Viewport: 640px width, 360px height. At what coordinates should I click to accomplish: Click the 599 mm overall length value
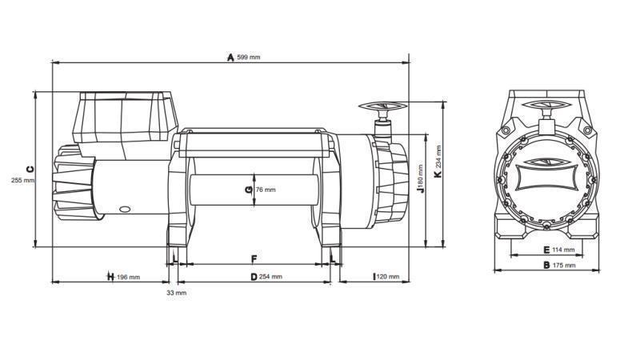pos(249,58)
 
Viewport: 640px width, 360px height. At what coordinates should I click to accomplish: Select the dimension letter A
pos(230,58)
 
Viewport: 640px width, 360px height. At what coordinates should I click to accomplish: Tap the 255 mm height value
pos(23,180)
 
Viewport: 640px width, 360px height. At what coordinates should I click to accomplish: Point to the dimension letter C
pos(30,169)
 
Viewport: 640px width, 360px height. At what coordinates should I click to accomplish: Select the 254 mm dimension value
pos(271,278)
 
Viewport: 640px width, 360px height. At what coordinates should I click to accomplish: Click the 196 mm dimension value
pos(129,278)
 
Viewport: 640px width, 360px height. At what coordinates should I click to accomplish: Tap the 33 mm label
pos(176,293)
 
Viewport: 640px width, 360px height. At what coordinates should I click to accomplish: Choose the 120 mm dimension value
pos(388,278)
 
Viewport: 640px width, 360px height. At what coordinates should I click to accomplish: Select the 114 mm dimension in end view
pos(564,250)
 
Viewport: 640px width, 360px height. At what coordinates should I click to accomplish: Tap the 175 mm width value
pos(564,265)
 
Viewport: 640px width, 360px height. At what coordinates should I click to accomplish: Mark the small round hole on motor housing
pos(125,209)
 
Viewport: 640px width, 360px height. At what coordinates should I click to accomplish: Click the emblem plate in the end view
pos(546,174)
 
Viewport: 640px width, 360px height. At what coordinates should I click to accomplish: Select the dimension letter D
pos(254,278)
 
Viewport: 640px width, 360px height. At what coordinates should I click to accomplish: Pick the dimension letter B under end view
pos(546,265)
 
